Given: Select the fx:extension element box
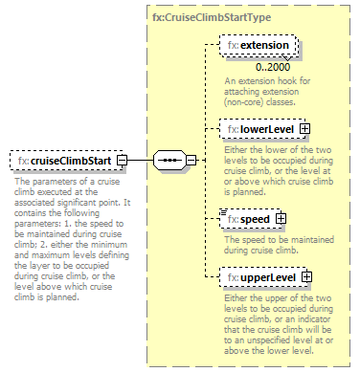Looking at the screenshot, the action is coord(258,45).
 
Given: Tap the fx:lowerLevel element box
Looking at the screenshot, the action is coord(254,128).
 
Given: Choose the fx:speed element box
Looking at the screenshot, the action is coord(247,218).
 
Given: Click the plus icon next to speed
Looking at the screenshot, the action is coord(281,218).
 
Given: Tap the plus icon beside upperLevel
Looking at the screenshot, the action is coord(307,277).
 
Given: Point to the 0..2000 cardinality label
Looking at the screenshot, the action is coord(274,67).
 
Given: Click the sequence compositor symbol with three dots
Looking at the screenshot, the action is coord(168,160).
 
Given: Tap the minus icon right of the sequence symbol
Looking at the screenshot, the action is coord(190,160).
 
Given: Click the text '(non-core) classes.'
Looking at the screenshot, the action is coord(255,99).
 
